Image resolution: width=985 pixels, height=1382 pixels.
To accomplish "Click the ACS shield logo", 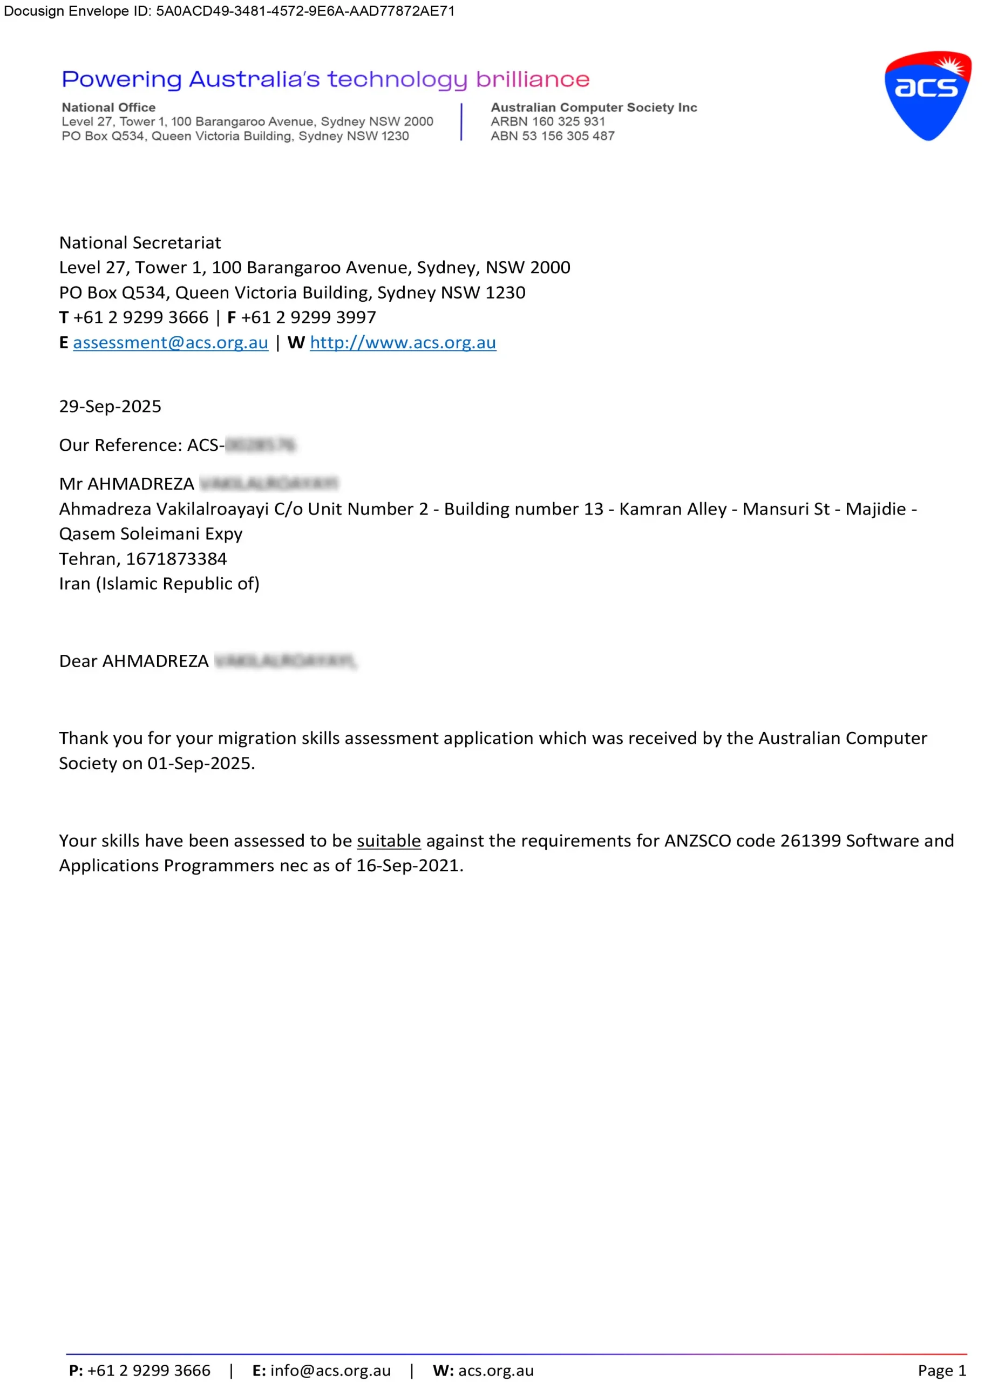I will pos(927,96).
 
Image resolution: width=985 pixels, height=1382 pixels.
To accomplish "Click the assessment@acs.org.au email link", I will pos(171,343).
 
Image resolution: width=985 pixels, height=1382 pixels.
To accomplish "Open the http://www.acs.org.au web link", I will pos(403,343).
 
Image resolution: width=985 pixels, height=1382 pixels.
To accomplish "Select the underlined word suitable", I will pos(389,841).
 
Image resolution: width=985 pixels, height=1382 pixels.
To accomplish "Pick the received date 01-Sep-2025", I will pos(200,763).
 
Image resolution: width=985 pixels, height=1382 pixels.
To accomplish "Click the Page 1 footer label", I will pos(941,1371).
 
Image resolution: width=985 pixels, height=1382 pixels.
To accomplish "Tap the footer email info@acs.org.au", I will pos(330,1371).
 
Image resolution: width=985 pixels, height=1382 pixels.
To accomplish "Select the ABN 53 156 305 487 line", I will pos(553,136).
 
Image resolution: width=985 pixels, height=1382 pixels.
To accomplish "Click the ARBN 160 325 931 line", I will pos(548,121).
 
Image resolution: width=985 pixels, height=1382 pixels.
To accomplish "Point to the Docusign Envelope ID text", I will pos(229,11).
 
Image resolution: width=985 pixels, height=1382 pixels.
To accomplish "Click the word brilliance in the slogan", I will pos(533,79).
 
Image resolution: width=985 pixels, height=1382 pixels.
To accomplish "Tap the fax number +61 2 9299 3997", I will pos(308,317).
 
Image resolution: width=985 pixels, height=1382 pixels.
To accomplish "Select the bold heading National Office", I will pos(108,107).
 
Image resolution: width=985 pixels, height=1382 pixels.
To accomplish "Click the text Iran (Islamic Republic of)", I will pos(159,584).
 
